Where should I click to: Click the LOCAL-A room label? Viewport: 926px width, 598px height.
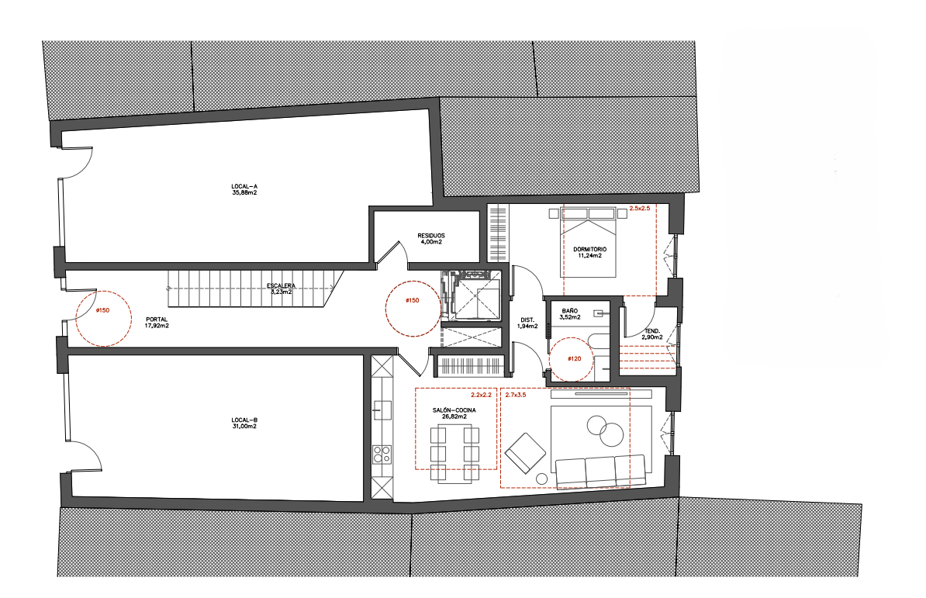coord(244,189)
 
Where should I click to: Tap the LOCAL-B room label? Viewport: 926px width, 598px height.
coord(244,423)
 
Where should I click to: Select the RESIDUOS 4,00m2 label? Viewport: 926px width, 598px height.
coord(431,238)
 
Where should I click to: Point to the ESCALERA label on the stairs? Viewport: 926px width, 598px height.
coord(281,285)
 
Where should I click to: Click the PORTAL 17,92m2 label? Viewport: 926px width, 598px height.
coord(157,323)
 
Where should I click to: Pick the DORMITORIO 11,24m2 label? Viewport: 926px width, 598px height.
coord(590,252)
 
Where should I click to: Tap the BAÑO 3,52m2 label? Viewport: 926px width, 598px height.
coord(570,313)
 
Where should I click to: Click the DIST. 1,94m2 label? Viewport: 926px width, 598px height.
coord(527,323)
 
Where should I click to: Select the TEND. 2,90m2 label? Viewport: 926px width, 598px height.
coord(652,334)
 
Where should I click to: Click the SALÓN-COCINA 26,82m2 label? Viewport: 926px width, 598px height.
coord(454,413)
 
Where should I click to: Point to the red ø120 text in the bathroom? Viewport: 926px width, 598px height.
coord(574,358)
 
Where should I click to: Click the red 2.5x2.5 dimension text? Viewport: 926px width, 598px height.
coord(640,209)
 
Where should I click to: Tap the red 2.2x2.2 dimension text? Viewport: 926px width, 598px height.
coord(482,394)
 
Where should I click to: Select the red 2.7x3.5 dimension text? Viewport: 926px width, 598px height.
coord(516,394)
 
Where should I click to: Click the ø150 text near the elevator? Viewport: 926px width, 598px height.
coord(413,300)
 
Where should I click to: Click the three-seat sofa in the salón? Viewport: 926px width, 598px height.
coord(600,471)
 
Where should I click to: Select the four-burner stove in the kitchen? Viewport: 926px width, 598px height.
coord(382,454)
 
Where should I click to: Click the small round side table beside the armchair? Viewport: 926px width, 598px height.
coord(541,479)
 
